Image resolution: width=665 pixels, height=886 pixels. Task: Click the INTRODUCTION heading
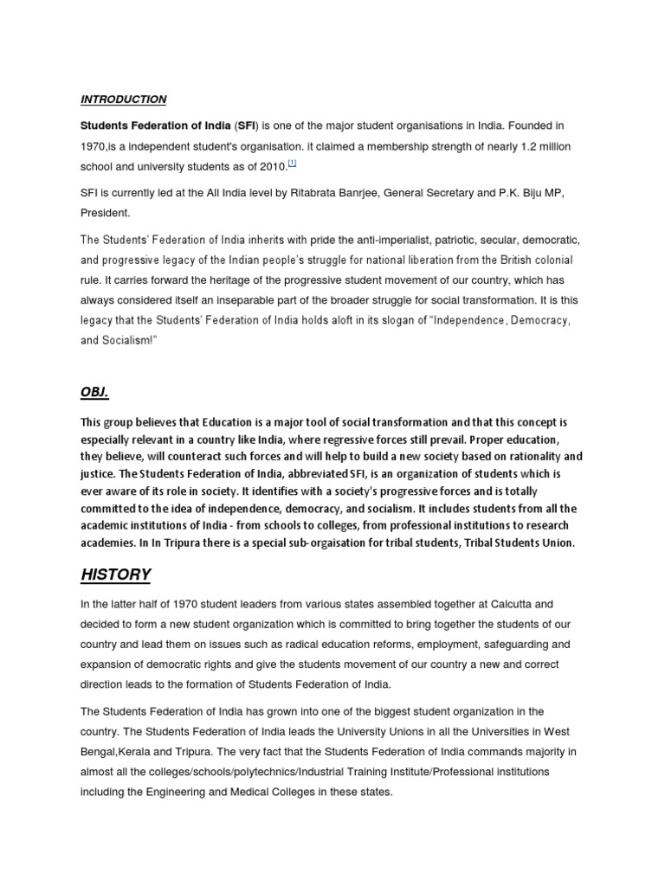[x=124, y=100]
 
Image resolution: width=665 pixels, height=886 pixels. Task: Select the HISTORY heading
[x=116, y=575]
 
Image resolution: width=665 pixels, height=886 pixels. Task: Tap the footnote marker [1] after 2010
[x=293, y=162]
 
